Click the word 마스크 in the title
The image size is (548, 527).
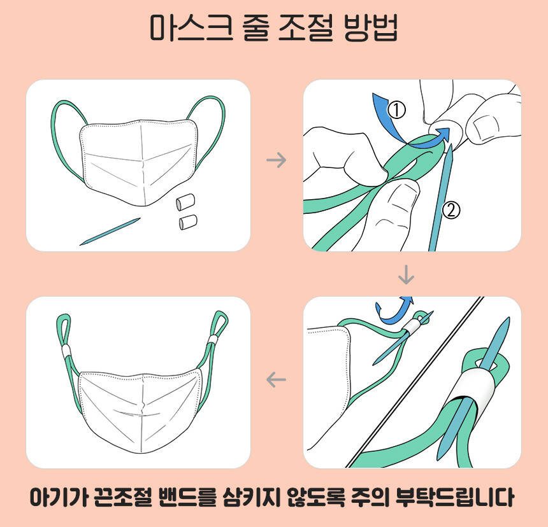(x=191, y=28)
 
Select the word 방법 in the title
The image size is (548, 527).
(x=371, y=28)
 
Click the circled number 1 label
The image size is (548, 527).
(x=396, y=109)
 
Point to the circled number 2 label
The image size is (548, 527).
(x=451, y=210)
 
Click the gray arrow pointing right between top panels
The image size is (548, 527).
(x=276, y=160)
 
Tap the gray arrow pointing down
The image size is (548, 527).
(x=406, y=275)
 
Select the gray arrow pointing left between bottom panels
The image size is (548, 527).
(x=276, y=379)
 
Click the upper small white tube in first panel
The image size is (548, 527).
(x=185, y=202)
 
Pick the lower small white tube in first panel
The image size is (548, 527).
(x=188, y=223)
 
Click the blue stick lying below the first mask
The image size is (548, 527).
(x=110, y=232)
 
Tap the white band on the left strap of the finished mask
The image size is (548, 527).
(x=66, y=351)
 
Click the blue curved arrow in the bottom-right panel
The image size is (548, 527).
(x=393, y=311)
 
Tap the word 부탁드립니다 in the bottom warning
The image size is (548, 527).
(x=455, y=497)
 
